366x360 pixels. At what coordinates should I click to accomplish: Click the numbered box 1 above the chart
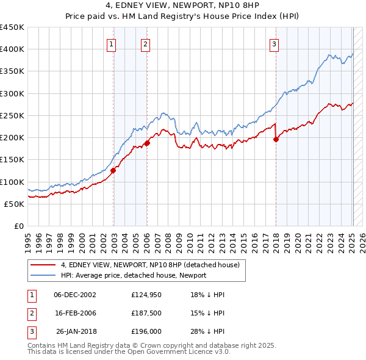click(x=112, y=43)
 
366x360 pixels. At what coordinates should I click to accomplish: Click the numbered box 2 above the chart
click(x=146, y=43)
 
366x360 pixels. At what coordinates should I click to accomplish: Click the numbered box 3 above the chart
click(x=274, y=43)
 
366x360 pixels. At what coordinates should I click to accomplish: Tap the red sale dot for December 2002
click(x=113, y=171)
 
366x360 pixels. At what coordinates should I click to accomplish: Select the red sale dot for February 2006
click(x=147, y=143)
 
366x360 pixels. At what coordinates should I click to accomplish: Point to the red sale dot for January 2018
click(x=276, y=140)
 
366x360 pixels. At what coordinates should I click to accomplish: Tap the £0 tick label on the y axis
click(x=18, y=226)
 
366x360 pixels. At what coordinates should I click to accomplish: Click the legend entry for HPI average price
click(x=134, y=275)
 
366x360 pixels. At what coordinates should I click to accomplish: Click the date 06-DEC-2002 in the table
click(x=75, y=295)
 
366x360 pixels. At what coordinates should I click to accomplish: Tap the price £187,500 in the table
click(x=146, y=313)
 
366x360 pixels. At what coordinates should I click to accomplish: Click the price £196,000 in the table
click(x=146, y=331)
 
